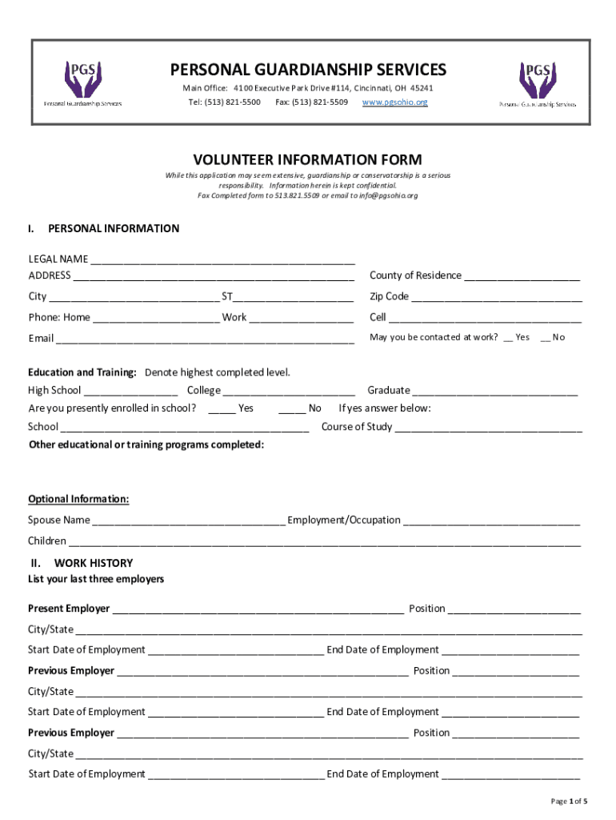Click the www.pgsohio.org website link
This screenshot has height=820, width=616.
(394, 102)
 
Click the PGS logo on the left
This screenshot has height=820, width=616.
(82, 82)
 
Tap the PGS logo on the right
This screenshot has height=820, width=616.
(537, 83)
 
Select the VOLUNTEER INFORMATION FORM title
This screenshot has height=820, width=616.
(307, 159)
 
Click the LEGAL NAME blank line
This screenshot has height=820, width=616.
(222, 260)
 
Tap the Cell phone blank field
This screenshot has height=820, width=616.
(486, 319)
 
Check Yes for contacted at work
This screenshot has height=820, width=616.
(508, 338)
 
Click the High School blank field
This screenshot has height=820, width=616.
(130, 392)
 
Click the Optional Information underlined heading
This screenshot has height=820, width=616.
(78, 499)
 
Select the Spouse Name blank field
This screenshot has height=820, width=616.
(189, 521)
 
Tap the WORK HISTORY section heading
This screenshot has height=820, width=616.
(93, 563)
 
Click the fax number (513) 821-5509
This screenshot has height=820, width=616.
(311, 102)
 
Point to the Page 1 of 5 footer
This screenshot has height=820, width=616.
(569, 801)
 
